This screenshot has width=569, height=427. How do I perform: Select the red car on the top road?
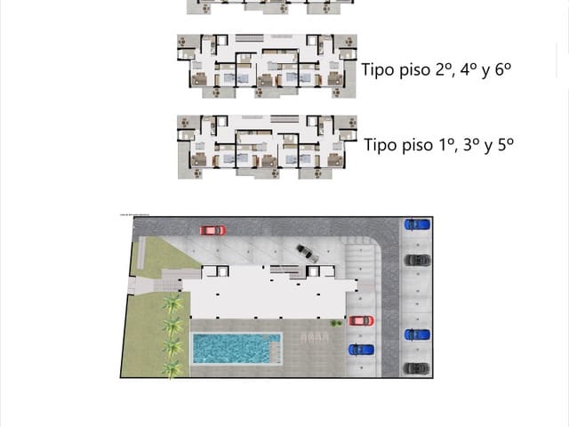tap(212, 230)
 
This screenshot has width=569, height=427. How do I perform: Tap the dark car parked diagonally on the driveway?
tap(308, 253)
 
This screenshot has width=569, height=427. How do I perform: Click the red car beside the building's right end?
tap(361, 320)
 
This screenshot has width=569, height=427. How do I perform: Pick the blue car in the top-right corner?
tap(416, 224)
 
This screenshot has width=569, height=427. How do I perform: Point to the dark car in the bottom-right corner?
tap(416, 367)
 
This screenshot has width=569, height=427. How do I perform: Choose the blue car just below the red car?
tap(361, 349)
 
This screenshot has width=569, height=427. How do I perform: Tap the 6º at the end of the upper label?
tap(505, 69)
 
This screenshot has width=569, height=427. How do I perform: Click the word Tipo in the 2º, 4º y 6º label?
tap(377, 69)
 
